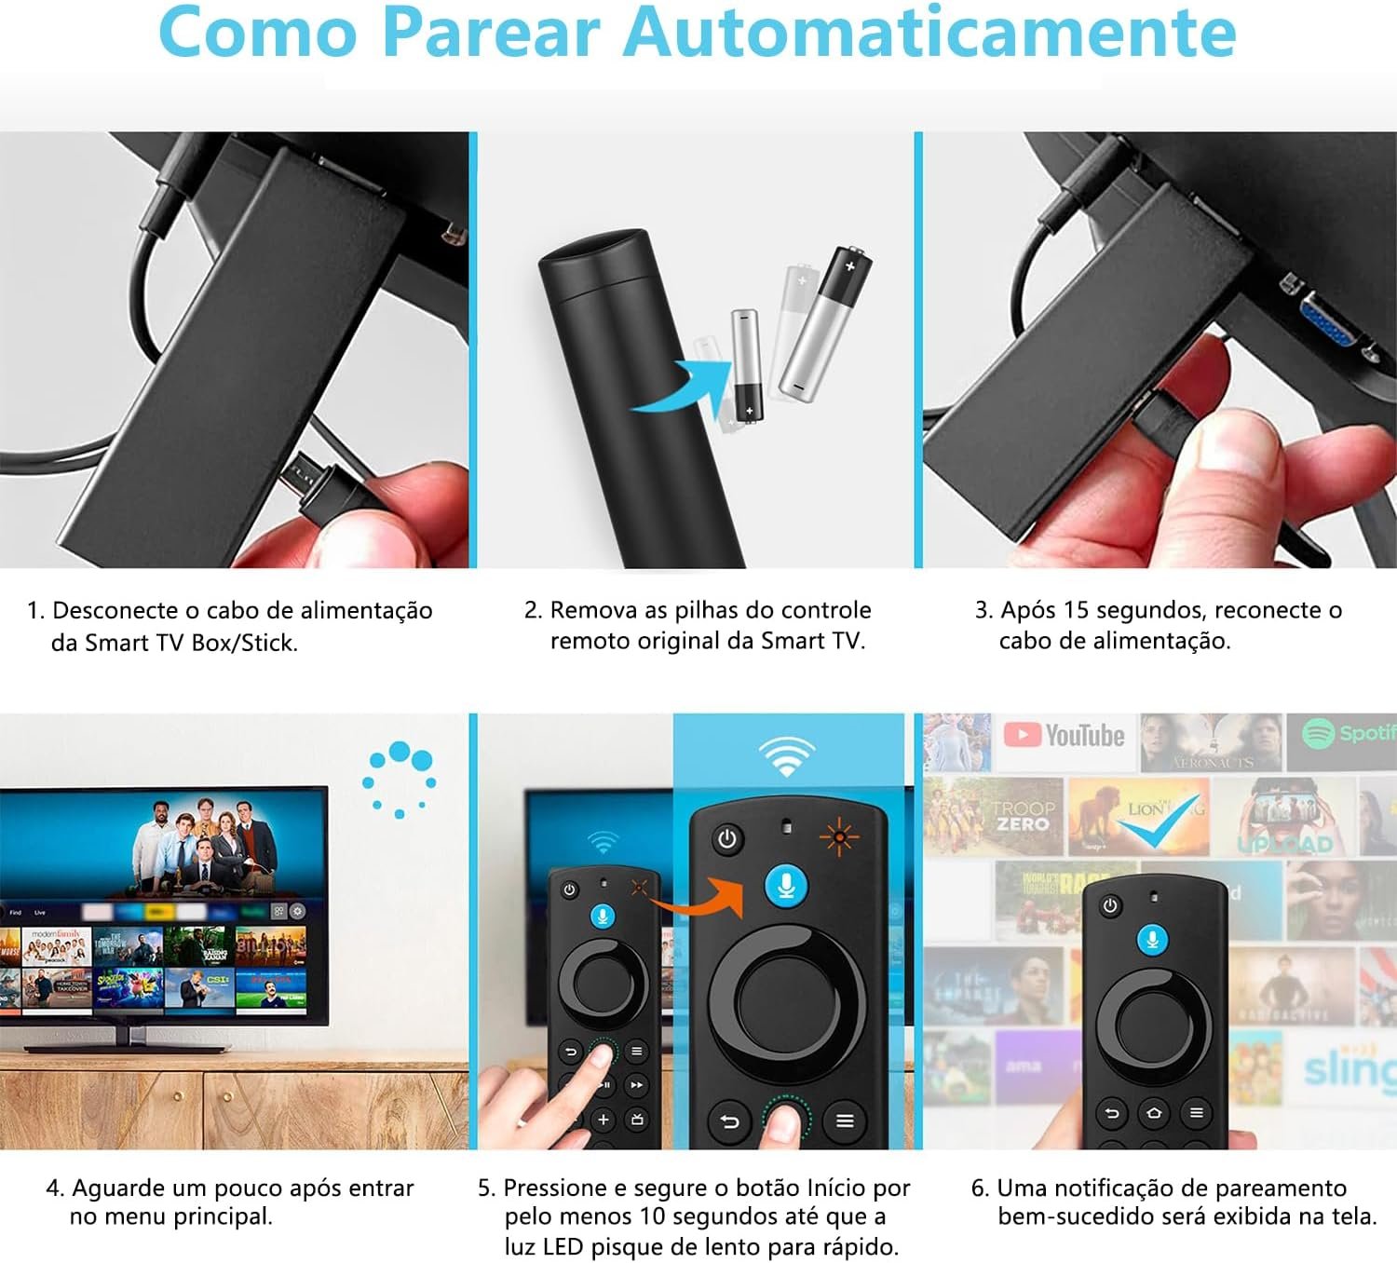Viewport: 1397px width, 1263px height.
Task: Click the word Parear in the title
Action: click(x=491, y=34)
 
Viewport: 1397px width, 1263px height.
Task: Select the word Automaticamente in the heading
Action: click(x=929, y=34)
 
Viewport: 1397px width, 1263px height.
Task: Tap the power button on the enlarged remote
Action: click(x=726, y=839)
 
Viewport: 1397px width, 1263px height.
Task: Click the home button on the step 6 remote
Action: click(x=1154, y=1112)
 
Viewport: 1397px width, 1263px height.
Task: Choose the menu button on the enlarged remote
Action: click(x=845, y=1120)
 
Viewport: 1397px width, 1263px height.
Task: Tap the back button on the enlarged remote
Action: click(x=729, y=1121)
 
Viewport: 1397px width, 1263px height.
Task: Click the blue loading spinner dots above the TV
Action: click(x=400, y=777)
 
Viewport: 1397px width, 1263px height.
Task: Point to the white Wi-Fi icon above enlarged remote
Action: click(x=787, y=755)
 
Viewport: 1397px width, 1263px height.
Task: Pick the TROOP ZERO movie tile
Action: click(x=1023, y=817)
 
